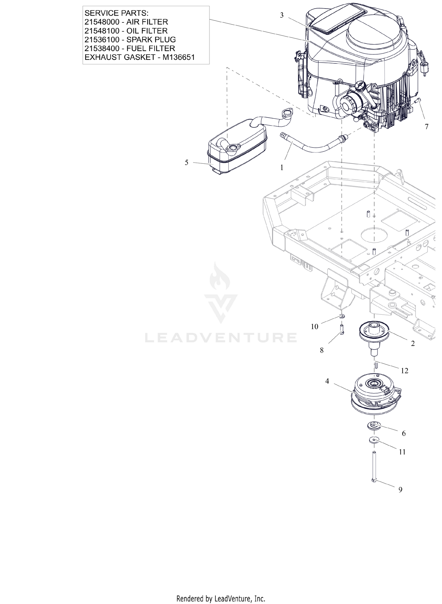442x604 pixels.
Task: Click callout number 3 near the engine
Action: [282, 15]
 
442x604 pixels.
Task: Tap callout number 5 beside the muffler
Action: [186, 163]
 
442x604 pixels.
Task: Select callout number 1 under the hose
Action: [282, 168]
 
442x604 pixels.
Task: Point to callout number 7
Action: [426, 127]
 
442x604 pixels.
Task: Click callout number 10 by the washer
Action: [314, 326]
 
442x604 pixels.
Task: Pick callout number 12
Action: [405, 371]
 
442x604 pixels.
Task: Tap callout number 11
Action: [402, 452]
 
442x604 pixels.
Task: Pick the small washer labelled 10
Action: [342, 316]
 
